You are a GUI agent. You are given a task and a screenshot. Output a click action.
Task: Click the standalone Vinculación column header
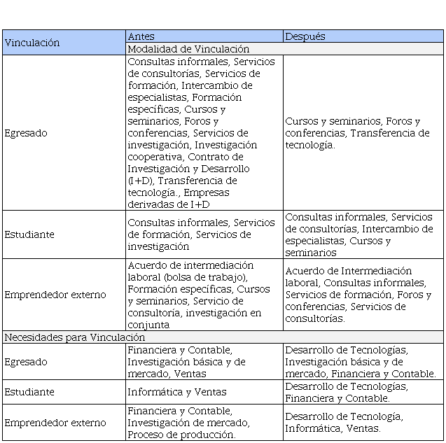(x=32, y=43)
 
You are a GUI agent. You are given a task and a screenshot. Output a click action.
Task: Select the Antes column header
(x=141, y=36)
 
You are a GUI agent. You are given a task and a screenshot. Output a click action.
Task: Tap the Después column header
(x=305, y=36)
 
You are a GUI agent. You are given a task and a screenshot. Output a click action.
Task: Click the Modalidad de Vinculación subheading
(x=188, y=49)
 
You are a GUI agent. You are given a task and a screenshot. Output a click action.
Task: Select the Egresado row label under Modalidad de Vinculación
(x=26, y=133)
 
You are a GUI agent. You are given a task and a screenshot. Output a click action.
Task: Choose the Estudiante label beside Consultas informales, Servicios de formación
(x=29, y=234)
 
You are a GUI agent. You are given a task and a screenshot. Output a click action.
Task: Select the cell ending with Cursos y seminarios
(x=358, y=234)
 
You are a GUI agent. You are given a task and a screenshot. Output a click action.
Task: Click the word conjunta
(x=148, y=325)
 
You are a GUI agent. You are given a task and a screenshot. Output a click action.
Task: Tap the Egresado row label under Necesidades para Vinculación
(x=26, y=362)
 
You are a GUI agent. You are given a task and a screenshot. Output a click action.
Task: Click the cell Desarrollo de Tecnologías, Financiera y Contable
(x=346, y=392)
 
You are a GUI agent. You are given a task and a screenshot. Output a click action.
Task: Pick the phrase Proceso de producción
(x=181, y=435)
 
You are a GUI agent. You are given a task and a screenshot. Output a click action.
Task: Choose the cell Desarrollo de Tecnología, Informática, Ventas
(x=343, y=423)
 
